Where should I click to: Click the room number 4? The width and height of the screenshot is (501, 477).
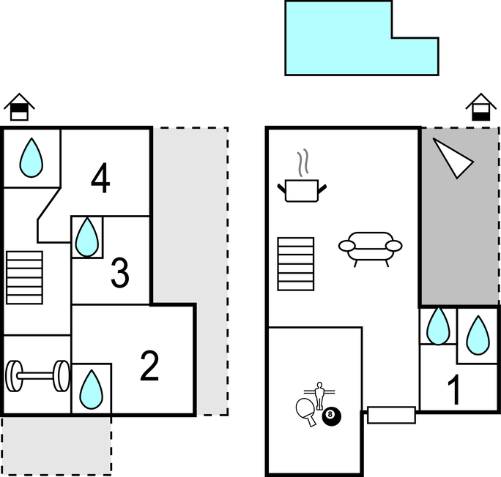(x=100, y=179)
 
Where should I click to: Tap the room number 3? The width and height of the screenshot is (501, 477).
(x=119, y=272)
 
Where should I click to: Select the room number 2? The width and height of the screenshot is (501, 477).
(x=149, y=367)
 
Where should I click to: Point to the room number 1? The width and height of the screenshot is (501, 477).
(x=454, y=391)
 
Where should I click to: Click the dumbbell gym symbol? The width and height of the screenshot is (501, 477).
(x=37, y=376)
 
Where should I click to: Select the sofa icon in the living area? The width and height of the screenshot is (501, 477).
(x=370, y=247)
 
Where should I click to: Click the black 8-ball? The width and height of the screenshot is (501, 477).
(x=332, y=416)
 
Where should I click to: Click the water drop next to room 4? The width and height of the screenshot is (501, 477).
(x=31, y=157)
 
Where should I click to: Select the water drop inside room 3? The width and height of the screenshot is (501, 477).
(x=87, y=236)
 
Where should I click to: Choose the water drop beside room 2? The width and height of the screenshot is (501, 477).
(x=91, y=388)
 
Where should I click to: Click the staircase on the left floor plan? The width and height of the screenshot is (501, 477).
(x=25, y=277)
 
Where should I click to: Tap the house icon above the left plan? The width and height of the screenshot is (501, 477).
(x=20, y=108)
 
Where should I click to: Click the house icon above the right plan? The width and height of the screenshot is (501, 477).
(x=481, y=107)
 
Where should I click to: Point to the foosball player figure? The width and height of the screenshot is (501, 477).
(x=319, y=393)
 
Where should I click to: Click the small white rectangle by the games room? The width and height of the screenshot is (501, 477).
(x=391, y=415)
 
